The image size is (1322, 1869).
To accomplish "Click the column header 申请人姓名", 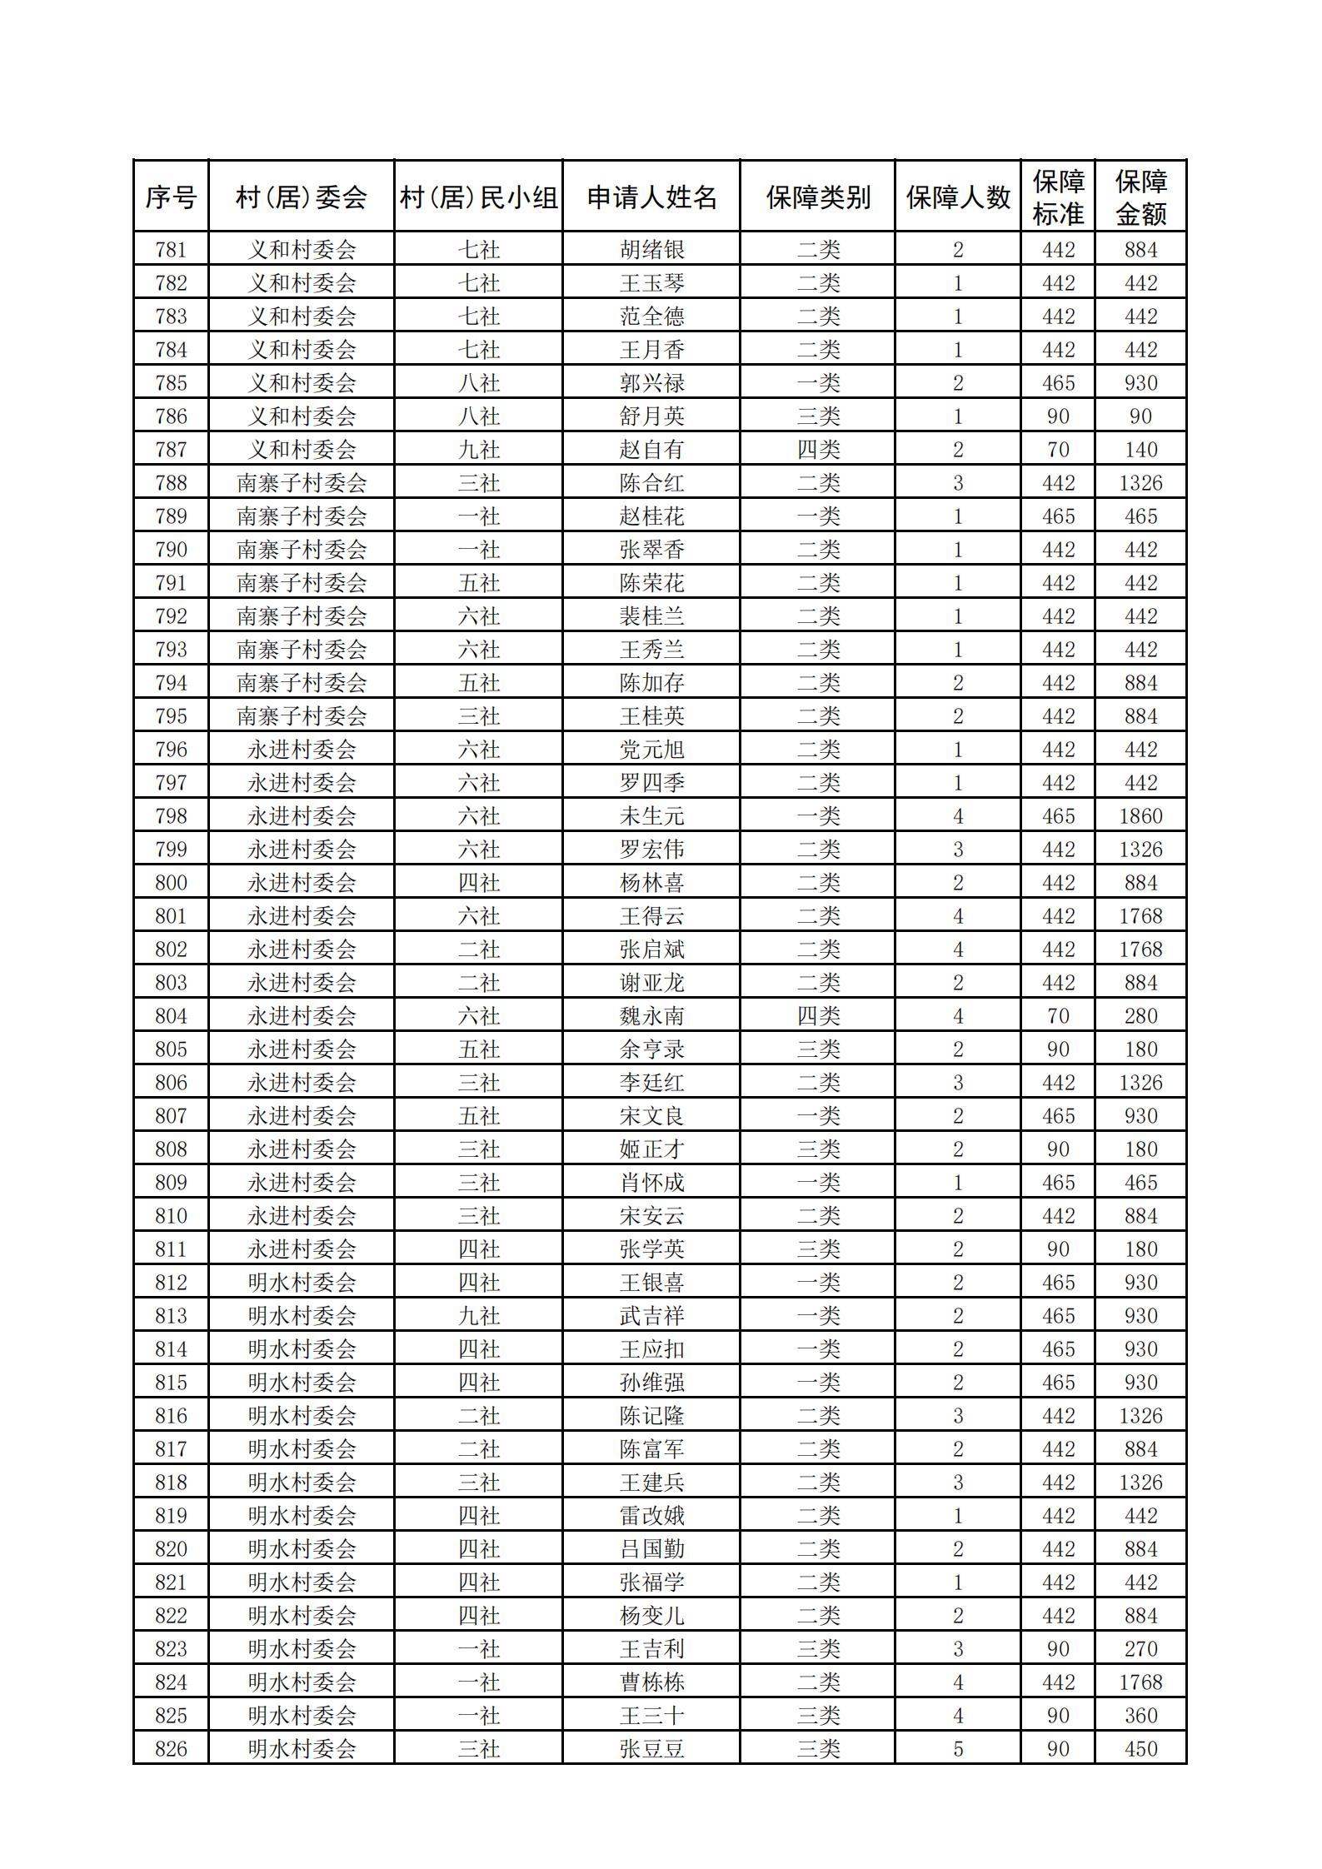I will (x=651, y=197).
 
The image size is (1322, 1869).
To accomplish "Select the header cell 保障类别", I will (x=818, y=197).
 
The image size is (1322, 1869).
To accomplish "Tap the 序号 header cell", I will (x=171, y=197).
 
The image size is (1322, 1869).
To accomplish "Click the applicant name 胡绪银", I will (x=651, y=250).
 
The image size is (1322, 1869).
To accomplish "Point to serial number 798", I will (x=171, y=816).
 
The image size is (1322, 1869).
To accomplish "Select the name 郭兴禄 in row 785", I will (x=651, y=383).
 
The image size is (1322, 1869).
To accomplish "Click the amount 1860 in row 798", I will (x=1140, y=816).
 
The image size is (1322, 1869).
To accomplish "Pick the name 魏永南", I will (x=651, y=1016).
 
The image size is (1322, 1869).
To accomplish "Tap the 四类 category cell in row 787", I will (x=818, y=450).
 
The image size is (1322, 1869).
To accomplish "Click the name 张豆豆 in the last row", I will (x=651, y=1749).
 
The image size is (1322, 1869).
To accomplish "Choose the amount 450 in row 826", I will (x=1140, y=1749).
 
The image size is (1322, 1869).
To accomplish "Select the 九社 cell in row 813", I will (x=479, y=1316).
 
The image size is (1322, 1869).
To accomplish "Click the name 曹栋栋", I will (x=651, y=1682).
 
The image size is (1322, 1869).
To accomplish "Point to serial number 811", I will (x=171, y=1249).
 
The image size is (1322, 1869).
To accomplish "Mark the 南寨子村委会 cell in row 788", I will (x=302, y=483).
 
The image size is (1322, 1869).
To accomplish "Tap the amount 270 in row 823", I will (x=1140, y=1649).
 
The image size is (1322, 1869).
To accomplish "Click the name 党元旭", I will (x=651, y=750).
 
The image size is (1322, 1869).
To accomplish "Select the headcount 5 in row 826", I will (x=958, y=1749).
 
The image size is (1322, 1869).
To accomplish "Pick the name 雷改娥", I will (x=651, y=1516).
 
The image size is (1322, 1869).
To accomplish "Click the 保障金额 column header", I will (x=1140, y=197).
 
